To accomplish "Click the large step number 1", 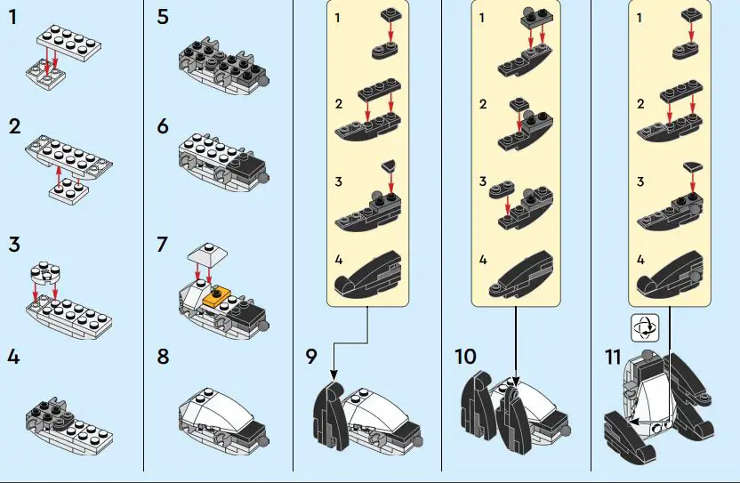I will click(x=12, y=17).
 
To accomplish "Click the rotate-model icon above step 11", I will click(x=643, y=328).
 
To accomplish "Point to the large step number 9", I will click(x=310, y=357).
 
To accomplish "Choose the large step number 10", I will click(x=465, y=357).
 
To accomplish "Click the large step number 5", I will click(x=162, y=17).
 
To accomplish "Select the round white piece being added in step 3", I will click(x=44, y=270).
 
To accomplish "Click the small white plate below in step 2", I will click(x=63, y=194).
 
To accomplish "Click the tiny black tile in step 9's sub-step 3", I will click(x=389, y=165).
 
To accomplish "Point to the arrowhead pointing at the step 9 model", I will click(x=332, y=375).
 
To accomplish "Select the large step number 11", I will click(x=612, y=357).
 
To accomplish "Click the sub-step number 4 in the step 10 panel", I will click(x=483, y=261).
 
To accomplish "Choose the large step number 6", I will click(x=162, y=126).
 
